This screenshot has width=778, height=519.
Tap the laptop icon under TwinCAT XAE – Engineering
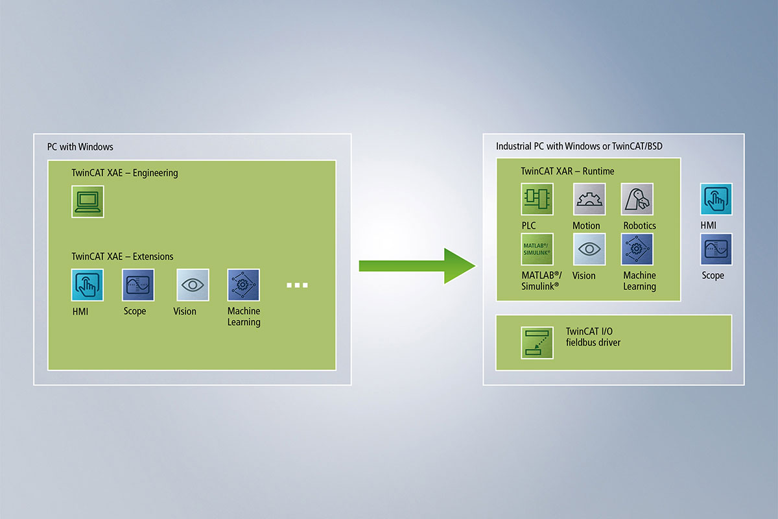pos(88,202)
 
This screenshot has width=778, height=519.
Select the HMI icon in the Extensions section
pos(88,285)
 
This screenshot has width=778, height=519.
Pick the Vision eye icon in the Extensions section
pos(193,285)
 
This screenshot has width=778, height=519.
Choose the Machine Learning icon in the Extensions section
pos(244,285)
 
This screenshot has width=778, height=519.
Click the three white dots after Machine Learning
pos(297,285)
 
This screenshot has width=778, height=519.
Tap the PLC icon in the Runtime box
pos(537,199)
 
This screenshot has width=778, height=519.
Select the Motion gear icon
pos(589,199)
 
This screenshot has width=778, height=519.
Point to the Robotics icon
pos(637,199)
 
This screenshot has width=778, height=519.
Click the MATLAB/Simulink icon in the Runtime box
pos(537,249)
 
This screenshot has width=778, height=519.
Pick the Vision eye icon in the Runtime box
pos(589,249)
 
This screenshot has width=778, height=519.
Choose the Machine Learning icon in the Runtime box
pos(637,249)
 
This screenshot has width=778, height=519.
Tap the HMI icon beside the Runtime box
pos(716,199)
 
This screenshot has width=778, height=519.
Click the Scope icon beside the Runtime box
pos(716,249)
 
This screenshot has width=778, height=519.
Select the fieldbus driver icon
pos(537,343)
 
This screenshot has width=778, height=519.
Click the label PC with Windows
pos(80,147)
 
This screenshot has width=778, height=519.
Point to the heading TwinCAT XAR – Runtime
pos(567,171)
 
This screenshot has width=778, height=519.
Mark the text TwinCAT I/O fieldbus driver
pos(593,337)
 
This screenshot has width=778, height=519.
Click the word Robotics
pos(640,226)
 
